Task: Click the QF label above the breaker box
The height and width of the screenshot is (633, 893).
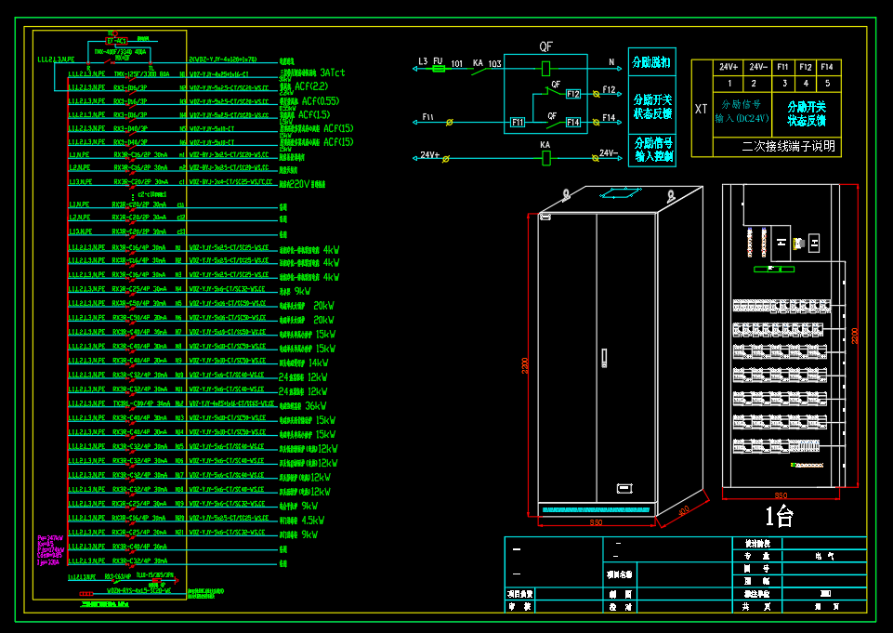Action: pyautogui.click(x=545, y=46)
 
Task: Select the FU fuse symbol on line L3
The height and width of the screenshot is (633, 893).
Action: pyautogui.click(x=440, y=68)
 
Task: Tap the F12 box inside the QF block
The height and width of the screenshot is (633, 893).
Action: pyautogui.click(x=573, y=94)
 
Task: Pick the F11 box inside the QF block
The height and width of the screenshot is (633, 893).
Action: pyautogui.click(x=517, y=122)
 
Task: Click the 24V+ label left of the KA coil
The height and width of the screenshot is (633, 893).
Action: pyautogui.click(x=429, y=155)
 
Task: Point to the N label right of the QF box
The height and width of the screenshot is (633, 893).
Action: pyautogui.click(x=611, y=62)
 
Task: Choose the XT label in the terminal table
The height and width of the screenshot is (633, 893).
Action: pyautogui.click(x=702, y=109)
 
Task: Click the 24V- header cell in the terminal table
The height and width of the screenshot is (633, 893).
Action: pyautogui.click(x=757, y=67)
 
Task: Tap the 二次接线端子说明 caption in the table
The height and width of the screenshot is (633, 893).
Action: pyautogui.click(x=788, y=146)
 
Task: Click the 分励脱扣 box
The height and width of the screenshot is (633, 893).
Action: pyautogui.click(x=651, y=61)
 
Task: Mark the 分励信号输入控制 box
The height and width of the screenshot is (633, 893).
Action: pyautogui.click(x=651, y=150)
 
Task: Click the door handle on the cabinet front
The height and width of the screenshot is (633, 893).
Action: pyautogui.click(x=603, y=357)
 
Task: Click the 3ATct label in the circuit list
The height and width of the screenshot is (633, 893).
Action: pyautogui.click(x=332, y=72)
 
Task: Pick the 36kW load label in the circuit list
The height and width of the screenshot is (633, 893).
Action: pyautogui.click(x=316, y=405)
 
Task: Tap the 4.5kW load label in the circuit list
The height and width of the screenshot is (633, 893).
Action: pyautogui.click(x=312, y=520)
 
